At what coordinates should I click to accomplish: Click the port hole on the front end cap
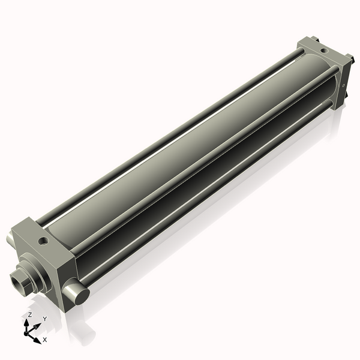tap(43, 241)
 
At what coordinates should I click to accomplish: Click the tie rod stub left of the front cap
tap(10, 238)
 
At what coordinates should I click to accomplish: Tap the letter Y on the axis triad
tap(44, 319)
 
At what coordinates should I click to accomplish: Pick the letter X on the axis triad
tap(45, 340)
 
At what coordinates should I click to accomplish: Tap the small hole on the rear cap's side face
tap(343, 86)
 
